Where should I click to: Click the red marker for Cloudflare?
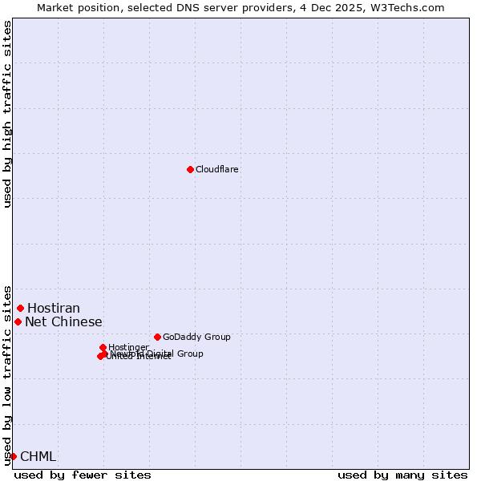[x=190, y=169]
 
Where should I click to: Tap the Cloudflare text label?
[x=217, y=169]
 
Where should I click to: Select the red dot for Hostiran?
[x=20, y=308]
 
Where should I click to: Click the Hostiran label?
[x=54, y=309]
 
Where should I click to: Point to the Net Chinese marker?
[x=18, y=321]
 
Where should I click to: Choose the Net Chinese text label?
[x=63, y=322]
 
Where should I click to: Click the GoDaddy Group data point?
[x=157, y=337]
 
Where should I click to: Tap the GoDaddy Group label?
[x=196, y=337]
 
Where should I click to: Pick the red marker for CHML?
[x=13, y=456]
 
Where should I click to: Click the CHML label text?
[x=38, y=457]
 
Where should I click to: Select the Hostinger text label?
[x=128, y=347]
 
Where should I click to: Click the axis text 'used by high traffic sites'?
[x=7, y=114]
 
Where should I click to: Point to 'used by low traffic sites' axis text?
[x=7, y=374]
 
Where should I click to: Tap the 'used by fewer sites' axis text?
[x=83, y=475]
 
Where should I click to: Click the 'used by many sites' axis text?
[x=402, y=475]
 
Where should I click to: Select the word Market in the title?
[x=56, y=7]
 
